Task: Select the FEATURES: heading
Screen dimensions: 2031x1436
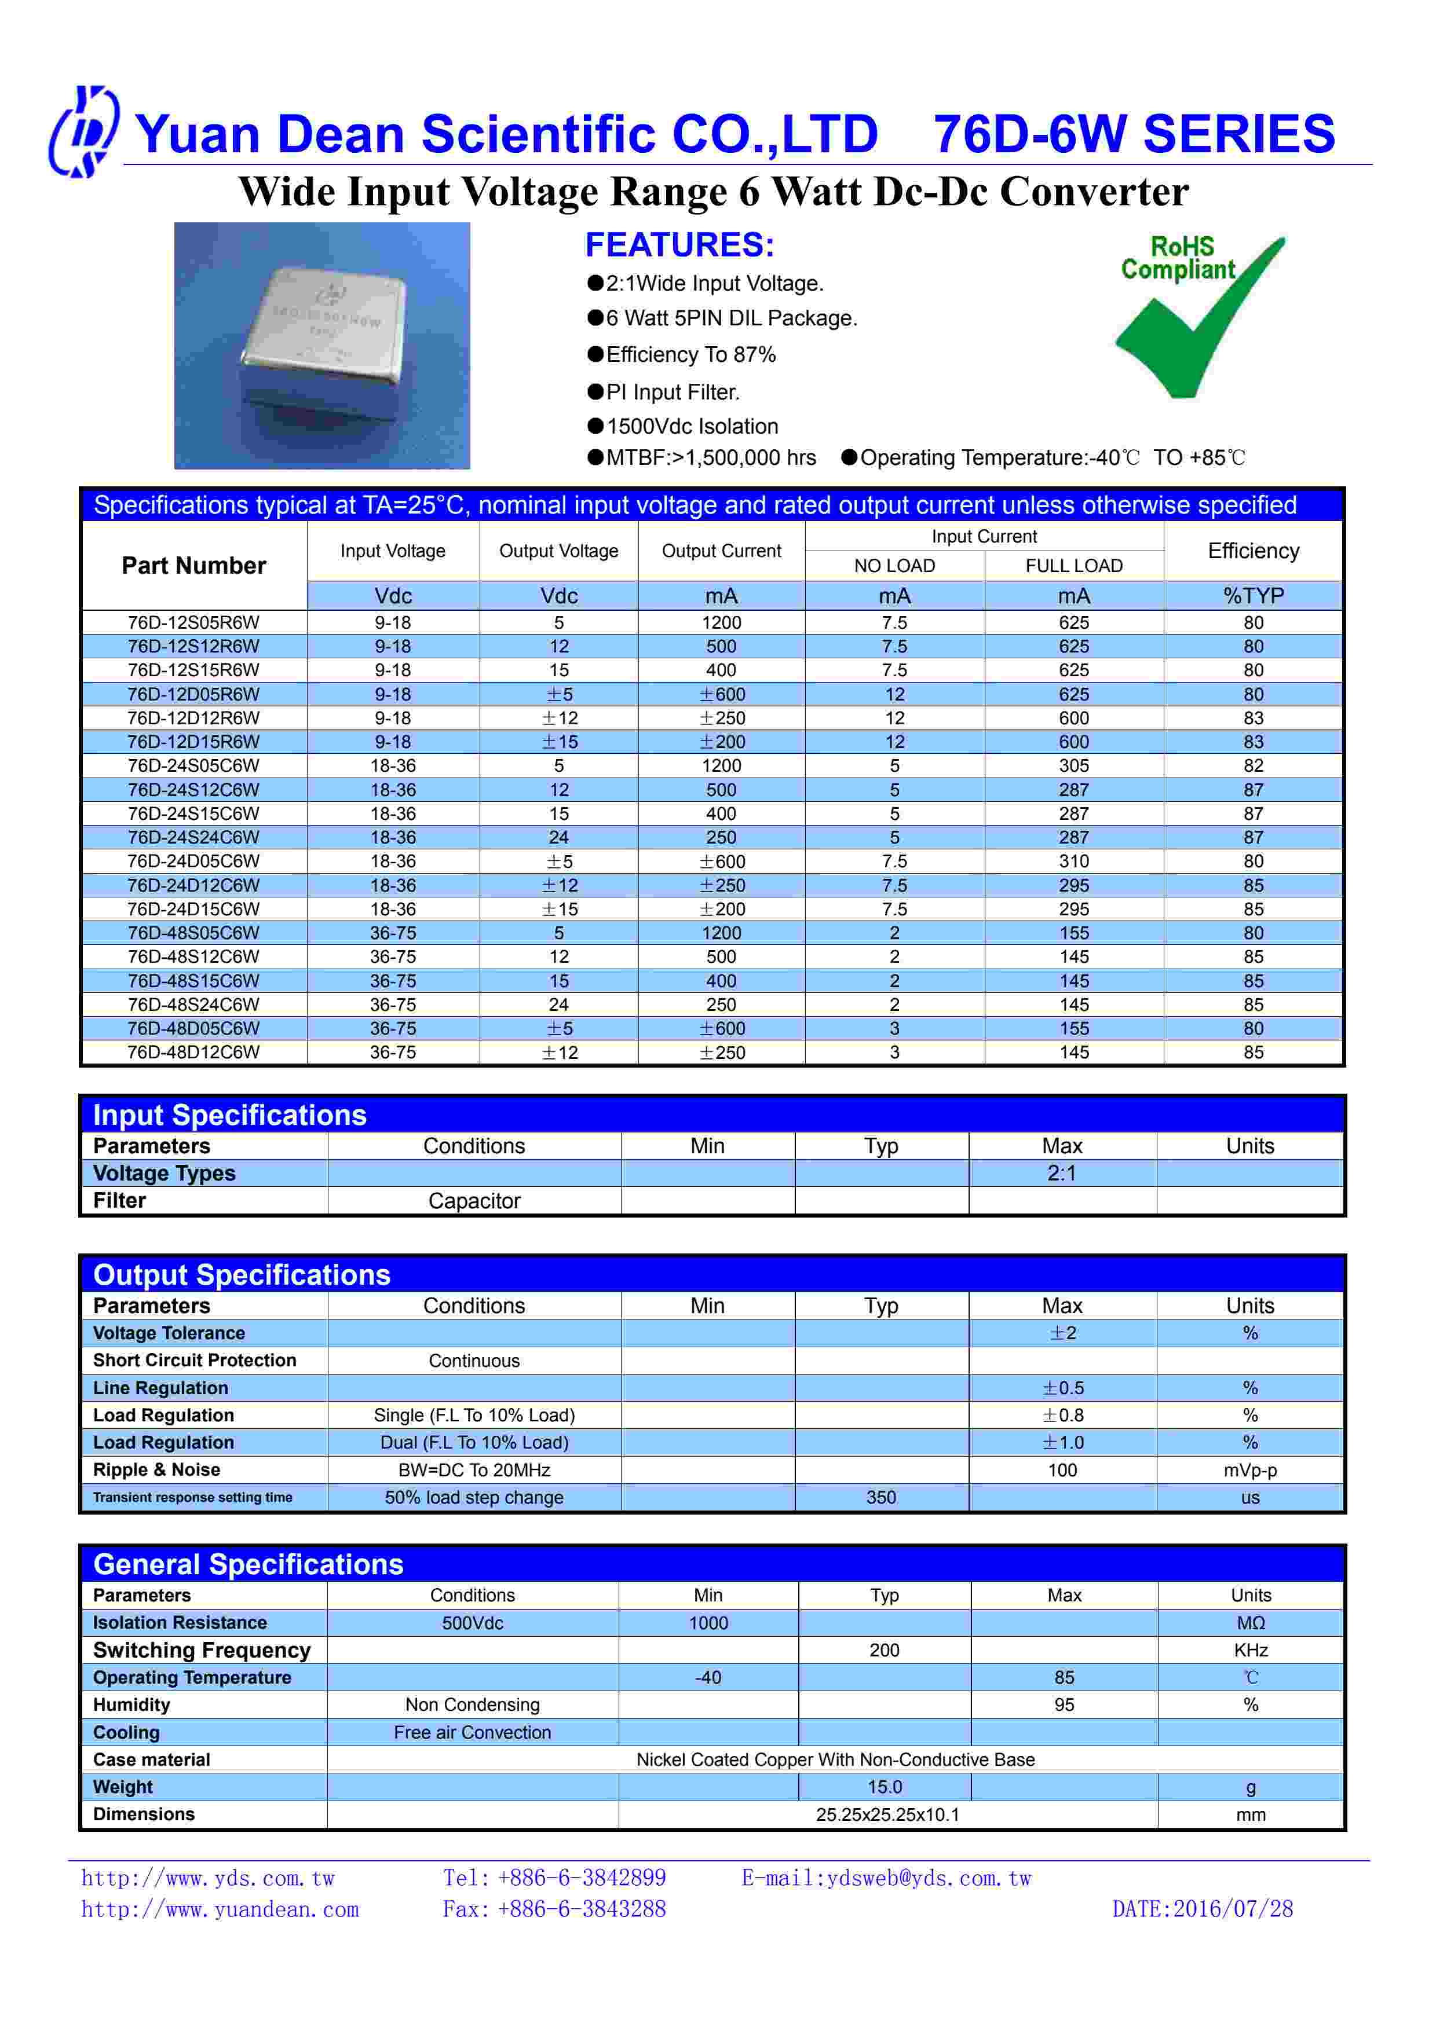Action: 679,245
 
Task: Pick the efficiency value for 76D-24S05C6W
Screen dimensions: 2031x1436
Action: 1253,766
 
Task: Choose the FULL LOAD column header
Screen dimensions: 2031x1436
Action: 1073,566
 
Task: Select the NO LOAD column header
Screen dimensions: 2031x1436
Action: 894,566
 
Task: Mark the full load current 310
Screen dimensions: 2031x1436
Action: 1073,861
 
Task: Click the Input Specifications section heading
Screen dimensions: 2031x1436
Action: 229,1116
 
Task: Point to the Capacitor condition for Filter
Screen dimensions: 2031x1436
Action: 474,1201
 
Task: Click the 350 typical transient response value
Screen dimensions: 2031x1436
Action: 881,1498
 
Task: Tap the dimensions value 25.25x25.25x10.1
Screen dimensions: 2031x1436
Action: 887,1815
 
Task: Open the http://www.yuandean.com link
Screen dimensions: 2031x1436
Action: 220,1910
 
